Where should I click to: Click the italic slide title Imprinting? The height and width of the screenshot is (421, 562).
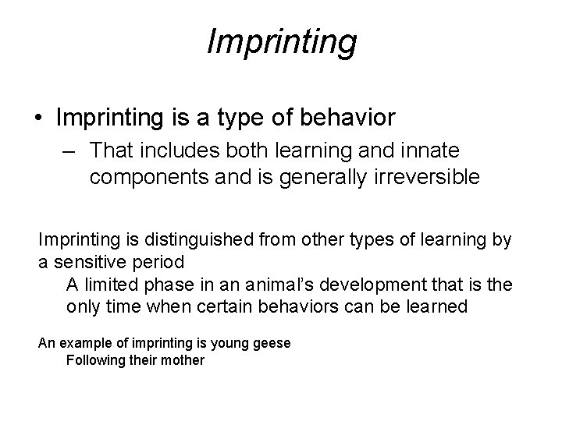tap(281, 42)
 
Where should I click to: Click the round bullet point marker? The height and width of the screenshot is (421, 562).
tap(37, 119)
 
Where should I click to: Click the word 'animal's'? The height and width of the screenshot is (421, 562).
tap(283, 285)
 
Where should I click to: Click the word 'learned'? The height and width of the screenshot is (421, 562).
tap(435, 306)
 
